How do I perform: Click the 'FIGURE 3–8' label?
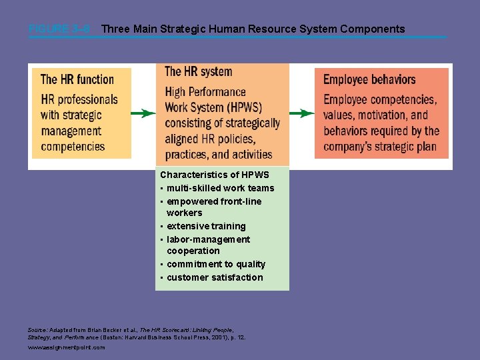[x=59, y=29]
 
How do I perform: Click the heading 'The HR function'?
[x=77, y=79]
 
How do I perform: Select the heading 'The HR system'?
[x=198, y=71]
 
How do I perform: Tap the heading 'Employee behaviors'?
[x=369, y=79]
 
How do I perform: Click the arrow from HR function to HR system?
[x=143, y=113]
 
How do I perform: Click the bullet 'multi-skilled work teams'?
[x=220, y=188]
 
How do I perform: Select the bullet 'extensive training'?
[x=206, y=226]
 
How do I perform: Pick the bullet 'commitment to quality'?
[x=216, y=264]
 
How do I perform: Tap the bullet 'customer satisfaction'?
[x=215, y=277]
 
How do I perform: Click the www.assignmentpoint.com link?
[x=67, y=347]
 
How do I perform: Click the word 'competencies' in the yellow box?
[x=73, y=147]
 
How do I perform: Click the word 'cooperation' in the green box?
[x=193, y=251]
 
